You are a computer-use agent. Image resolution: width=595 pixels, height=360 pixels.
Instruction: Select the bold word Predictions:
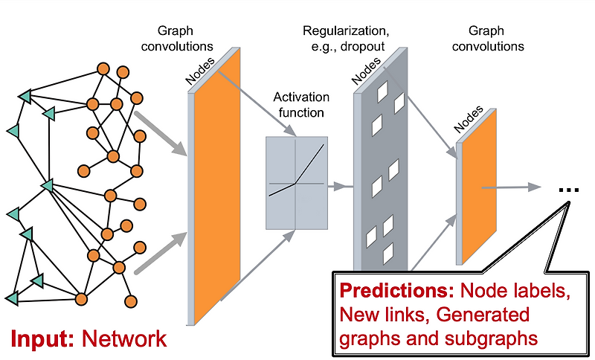[395, 291]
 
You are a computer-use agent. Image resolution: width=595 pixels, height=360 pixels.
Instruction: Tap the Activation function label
[298, 105]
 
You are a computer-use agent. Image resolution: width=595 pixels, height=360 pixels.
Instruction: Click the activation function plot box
[296, 182]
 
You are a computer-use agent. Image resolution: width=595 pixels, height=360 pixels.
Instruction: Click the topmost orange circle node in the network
[103, 70]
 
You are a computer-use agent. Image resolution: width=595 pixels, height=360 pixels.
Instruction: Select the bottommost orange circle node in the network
[131, 301]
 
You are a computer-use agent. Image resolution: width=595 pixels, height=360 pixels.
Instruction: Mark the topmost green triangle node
[25, 96]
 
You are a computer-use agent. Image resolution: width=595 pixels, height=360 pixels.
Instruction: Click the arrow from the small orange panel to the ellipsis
[513, 187]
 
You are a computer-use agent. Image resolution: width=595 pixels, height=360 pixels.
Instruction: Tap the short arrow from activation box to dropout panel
[338, 184]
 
